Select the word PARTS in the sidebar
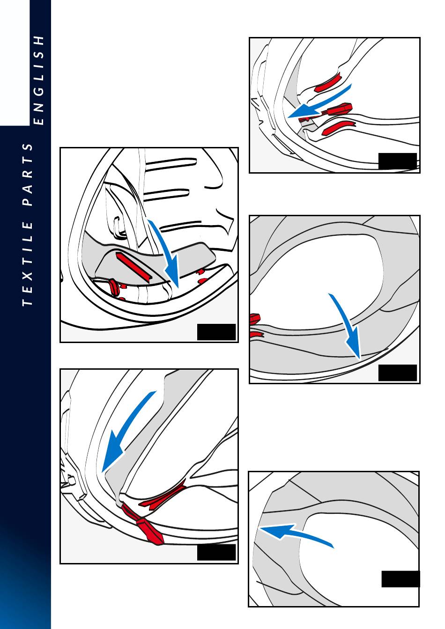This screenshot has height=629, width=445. pyautogui.click(x=29, y=175)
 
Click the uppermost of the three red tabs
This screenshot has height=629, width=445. pyautogui.click(x=328, y=83)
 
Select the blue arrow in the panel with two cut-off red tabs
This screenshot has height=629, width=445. pyautogui.click(x=347, y=325)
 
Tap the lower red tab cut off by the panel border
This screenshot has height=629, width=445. pyautogui.click(x=255, y=335)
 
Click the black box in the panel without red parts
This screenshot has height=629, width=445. pyautogui.click(x=400, y=579)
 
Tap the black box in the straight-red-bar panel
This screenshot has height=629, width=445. pyautogui.click(x=216, y=332)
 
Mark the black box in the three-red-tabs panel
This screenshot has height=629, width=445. pyautogui.click(x=397, y=161)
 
